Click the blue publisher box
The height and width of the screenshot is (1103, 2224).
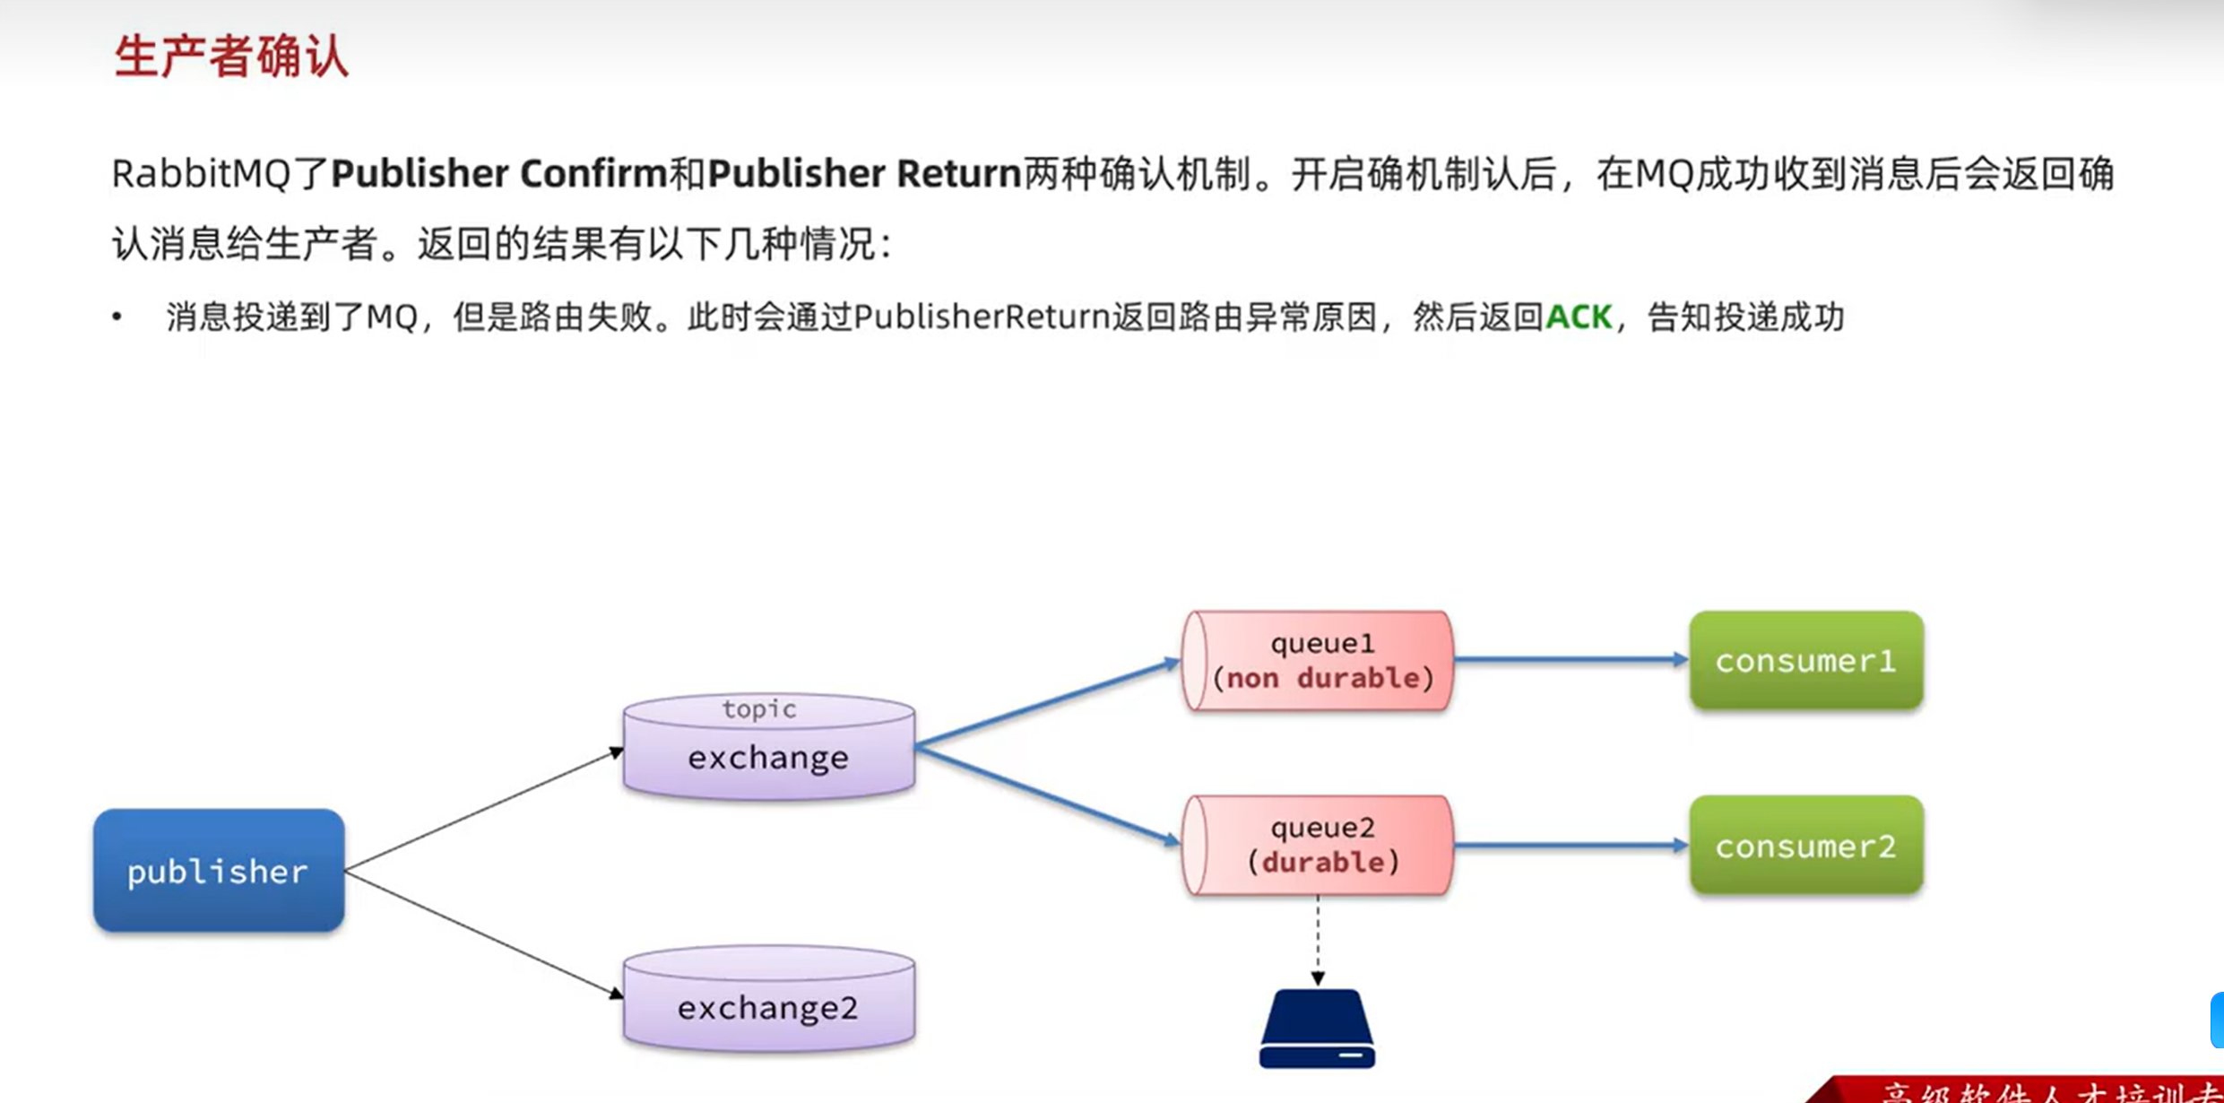click(219, 871)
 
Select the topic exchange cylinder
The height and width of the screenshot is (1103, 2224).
click(768, 750)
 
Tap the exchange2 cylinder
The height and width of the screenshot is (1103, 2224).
click(768, 1000)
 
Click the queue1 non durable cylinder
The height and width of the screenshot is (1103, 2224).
click(1319, 661)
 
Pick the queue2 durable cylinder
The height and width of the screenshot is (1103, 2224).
click(1319, 845)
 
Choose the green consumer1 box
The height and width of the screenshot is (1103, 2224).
click(1805, 661)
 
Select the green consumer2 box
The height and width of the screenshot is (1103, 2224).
click(1805, 846)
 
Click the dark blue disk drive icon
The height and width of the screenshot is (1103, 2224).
click(1317, 1029)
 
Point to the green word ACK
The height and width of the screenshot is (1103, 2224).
click(1579, 317)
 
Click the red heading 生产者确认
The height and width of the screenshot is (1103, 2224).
click(231, 56)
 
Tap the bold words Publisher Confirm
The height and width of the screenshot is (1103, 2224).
click(499, 174)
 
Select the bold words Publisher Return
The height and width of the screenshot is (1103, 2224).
click(864, 174)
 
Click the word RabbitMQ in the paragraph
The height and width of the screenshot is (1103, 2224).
click(201, 174)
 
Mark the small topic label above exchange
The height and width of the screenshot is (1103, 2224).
click(759, 709)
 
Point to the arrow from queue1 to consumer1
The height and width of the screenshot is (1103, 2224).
click(1569, 660)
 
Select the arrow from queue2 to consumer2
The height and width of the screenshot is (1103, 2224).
click(1569, 845)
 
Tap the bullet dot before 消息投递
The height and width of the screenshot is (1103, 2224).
click(117, 317)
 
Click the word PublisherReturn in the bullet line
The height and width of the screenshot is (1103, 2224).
click(982, 317)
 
